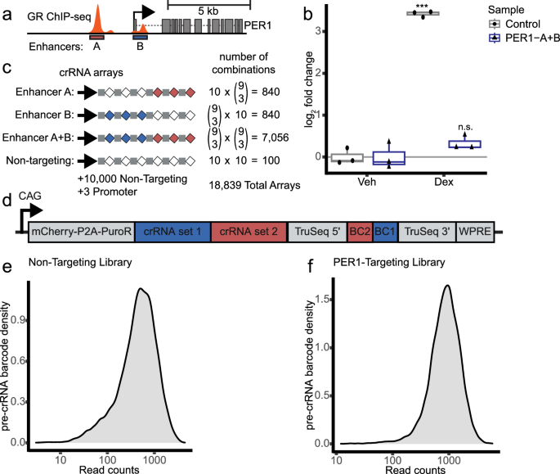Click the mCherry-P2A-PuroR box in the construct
tap(82, 232)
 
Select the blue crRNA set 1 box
tap(172, 232)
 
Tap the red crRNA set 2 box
tap(249, 232)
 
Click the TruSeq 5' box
tap(318, 232)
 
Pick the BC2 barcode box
tap(361, 232)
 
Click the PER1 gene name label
tap(258, 27)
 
